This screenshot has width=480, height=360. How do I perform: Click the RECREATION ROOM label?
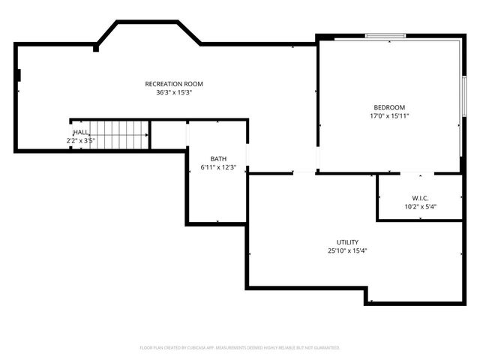click(174, 84)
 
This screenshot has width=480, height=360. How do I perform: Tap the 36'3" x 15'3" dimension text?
click(174, 93)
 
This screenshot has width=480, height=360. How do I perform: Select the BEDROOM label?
click(388, 107)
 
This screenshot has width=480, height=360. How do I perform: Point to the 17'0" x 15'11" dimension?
click(388, 116)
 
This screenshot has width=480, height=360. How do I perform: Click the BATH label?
click(218, 158)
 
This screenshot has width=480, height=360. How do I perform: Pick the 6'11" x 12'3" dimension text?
click(218, 167)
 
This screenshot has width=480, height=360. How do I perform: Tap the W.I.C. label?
click(419, 198)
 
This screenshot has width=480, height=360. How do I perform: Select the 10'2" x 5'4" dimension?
click(419, 207)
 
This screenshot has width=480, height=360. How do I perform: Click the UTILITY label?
click(346, 242)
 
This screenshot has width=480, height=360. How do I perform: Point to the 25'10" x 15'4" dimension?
click(346, 251)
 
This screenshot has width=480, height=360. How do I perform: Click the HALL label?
click(80, 132)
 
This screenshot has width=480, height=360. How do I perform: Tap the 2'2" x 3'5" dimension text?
click(80, 140)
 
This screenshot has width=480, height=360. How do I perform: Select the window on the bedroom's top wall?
click(385, 35)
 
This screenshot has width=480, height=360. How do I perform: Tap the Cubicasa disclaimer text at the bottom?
click(240, 348)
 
